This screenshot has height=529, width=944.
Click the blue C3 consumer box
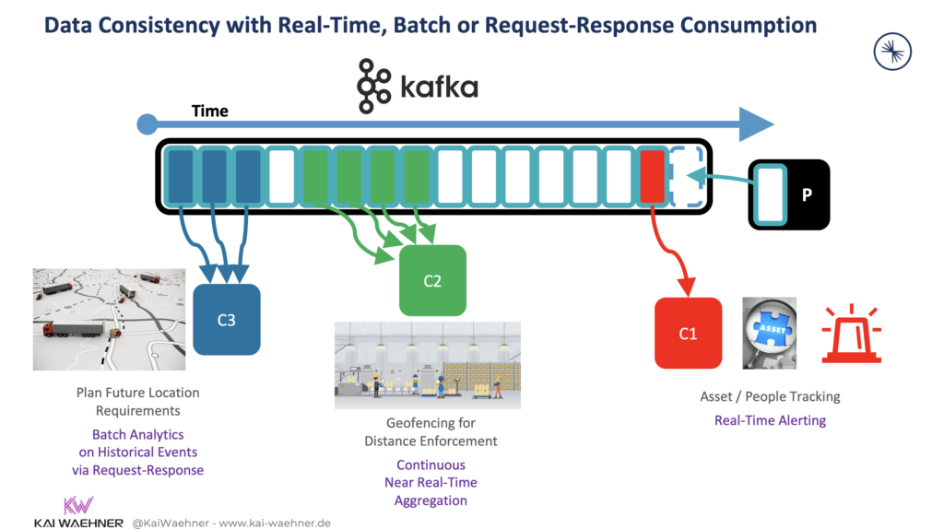tap(227, 320)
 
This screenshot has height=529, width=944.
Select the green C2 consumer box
tap(432, 281)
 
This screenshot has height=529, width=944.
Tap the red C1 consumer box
tap(688, 333)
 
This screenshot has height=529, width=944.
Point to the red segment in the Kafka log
tap(652, 176)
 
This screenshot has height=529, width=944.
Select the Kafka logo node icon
tap(373, 86)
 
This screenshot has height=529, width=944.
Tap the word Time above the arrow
tap(209, 111)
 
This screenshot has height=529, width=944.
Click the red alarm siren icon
tap(852, 334)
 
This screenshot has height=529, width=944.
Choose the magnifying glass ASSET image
tap(770, 333)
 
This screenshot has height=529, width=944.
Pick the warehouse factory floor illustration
tap(428, 365)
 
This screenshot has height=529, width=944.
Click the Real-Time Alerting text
tap(770, 420)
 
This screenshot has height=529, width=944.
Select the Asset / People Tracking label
tap(770, 397)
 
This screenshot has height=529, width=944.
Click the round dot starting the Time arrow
tap(146, 124)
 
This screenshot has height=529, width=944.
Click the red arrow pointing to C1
tap(672, 253)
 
